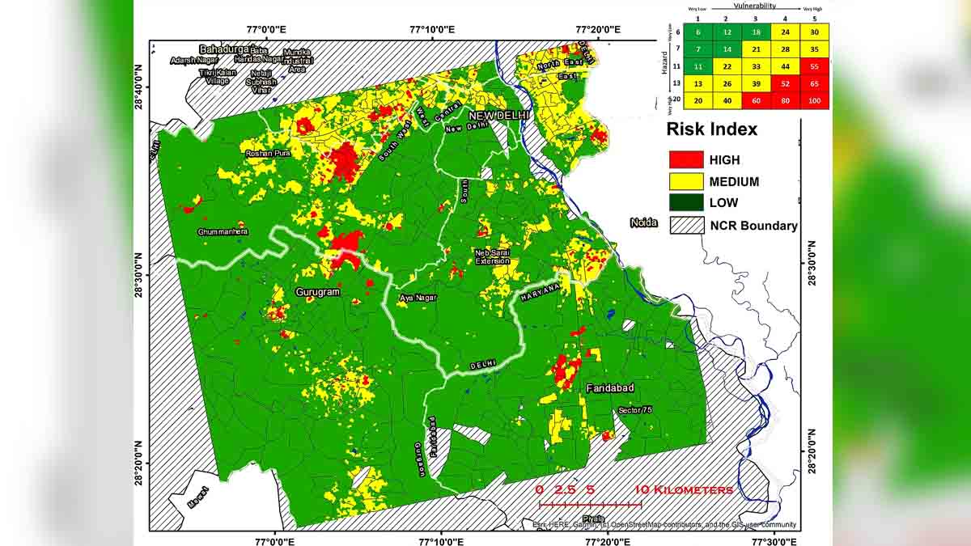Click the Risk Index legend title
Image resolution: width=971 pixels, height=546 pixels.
(x=711, y=129)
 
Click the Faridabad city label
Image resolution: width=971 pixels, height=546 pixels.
(x=609, y=389)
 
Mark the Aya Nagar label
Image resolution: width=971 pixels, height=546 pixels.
(x=418, y=298)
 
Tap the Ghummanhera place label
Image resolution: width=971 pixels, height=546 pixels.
(x=223, y=232)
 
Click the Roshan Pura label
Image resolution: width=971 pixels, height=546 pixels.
(x=268, y=153)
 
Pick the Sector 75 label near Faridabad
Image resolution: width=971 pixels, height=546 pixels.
(x=634, y=411)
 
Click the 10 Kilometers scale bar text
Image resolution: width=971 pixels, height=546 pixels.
(x=684, y=490)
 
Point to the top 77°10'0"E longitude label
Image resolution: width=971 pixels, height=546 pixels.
(x=431, y=30)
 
